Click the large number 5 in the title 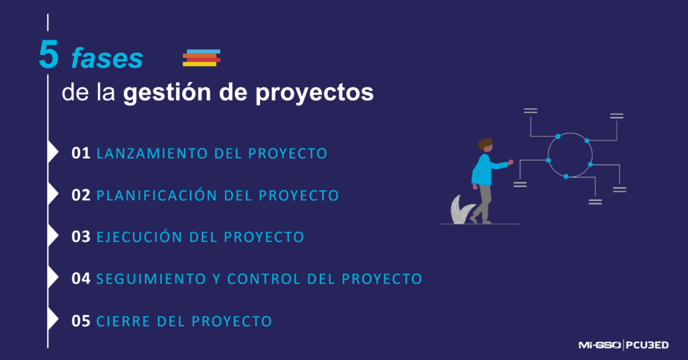[48, 54]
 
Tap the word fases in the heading [107, 58]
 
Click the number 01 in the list [81, 153]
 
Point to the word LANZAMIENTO [153, 154]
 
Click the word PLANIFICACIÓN [157, 195]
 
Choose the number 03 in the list [81, 237]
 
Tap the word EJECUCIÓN [139, 236]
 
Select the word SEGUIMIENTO [151, 279]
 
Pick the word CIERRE [124, 322]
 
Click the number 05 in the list [81, 321]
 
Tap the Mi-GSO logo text [599, 345]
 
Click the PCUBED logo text [647, 345]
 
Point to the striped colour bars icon [202, 58]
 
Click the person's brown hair [485, 143]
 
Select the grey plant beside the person [461, 210]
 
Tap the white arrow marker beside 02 [53, 194]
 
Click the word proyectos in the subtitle [314, 93]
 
